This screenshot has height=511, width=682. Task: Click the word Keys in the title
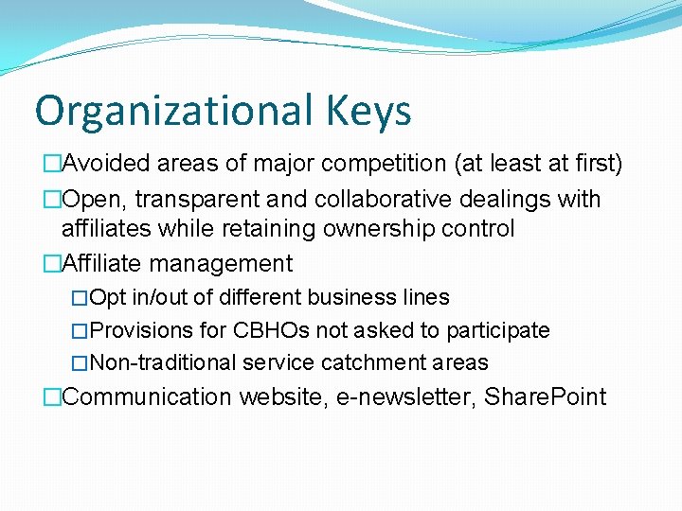pos(364,112)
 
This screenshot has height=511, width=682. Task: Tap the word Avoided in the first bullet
pos(104,164)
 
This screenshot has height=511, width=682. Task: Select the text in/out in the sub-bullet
pos(159,297)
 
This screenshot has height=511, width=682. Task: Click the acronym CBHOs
pos(264,330)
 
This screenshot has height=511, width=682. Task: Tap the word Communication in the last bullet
pos(147,396)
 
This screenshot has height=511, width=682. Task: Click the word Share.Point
pos(545,396)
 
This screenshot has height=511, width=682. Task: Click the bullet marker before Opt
pos(81,298)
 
